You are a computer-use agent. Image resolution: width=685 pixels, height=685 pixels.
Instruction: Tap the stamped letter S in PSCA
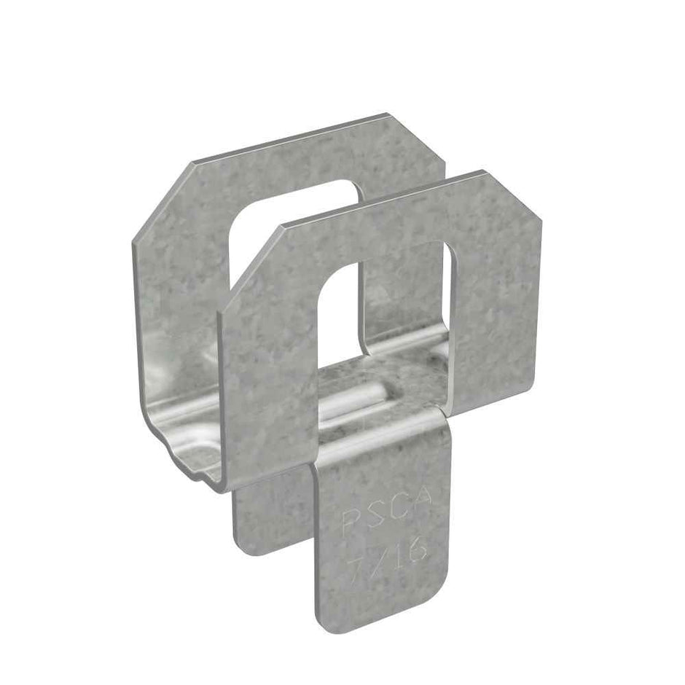coord(372,515)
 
